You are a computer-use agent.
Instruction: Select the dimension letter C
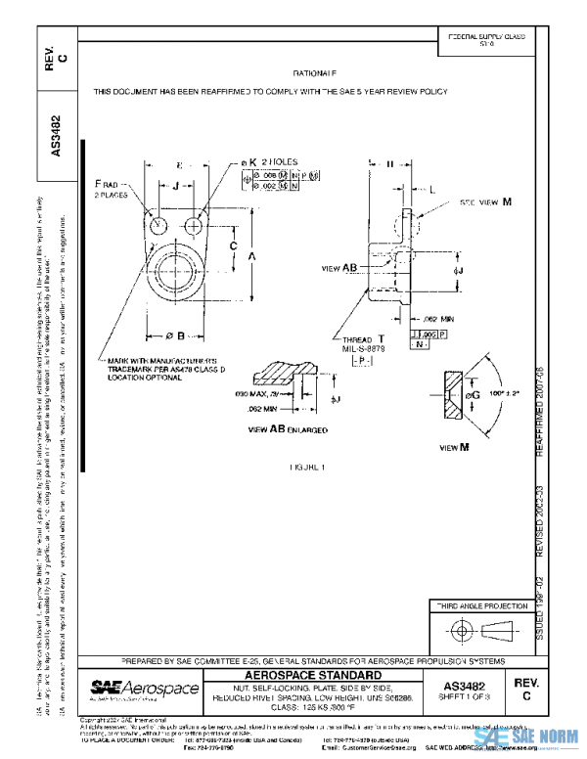pos(233,245)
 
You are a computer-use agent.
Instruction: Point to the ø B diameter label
pos(174,336)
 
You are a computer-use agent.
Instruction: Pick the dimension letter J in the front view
pos(175,184)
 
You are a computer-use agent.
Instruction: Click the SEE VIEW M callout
pos(486,201)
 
